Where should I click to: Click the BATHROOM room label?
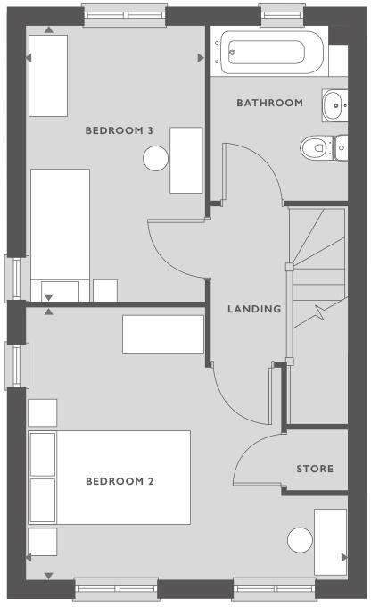pos(269,103)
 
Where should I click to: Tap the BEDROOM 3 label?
pos(120,130)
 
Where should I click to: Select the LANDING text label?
pos(254,309)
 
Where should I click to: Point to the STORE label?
pos(315,469)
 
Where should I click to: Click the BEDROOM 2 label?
pos(120,482)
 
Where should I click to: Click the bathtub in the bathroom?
pos(271,52)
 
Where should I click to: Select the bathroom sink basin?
pos(333,104)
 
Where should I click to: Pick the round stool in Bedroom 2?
pos(301,540)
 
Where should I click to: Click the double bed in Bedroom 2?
pos(109,478)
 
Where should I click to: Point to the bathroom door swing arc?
pos(252,170)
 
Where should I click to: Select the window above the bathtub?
pos(273,14)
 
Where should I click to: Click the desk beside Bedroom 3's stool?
pos(186,160)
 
